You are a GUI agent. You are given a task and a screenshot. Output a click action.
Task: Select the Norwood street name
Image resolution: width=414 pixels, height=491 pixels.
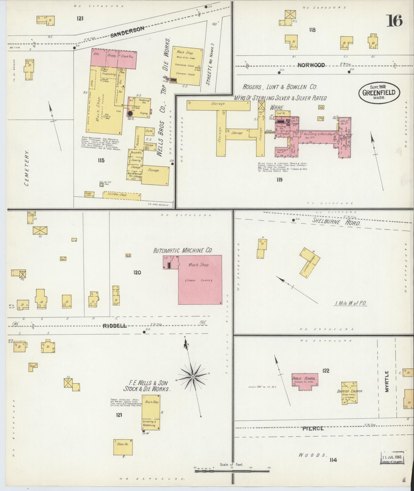pos(311,65)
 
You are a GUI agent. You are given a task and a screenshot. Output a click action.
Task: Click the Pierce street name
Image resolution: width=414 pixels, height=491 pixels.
pos(313,428)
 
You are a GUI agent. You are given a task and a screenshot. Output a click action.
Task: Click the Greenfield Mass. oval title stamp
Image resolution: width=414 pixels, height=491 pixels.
pos(378,93)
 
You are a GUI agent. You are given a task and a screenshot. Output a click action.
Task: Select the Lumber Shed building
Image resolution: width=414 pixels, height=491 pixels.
pos(122,195)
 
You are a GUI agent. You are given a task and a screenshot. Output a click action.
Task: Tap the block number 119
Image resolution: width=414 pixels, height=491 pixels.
pos(279,180)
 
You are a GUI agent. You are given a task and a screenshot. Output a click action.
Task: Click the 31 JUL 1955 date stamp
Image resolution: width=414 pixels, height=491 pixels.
pos(392,457)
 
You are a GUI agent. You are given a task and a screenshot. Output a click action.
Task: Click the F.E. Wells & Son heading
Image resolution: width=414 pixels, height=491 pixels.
pos(146,386)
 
